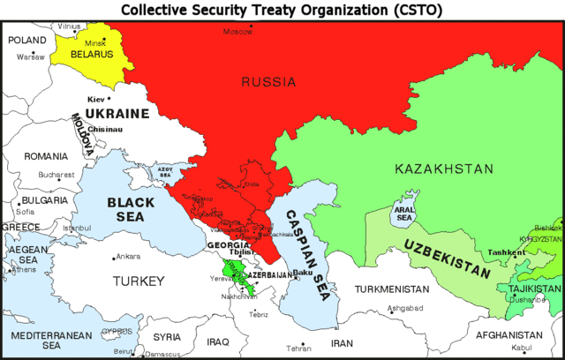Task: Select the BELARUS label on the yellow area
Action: [92, 54]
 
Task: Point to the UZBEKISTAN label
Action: [447, 257]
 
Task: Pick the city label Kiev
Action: [96, 99]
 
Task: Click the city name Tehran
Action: [299, 349]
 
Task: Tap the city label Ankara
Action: [128, 257]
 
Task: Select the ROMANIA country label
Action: [46, 156]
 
